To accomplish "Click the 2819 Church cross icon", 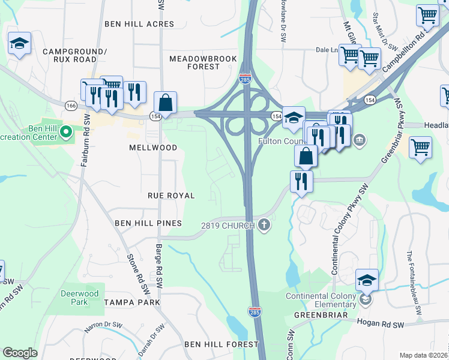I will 264,226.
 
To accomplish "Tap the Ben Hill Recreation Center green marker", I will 66,130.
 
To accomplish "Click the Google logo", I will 20,353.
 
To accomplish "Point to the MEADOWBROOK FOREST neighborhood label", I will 194,62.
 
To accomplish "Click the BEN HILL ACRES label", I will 139,24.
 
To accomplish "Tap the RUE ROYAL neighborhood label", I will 171,196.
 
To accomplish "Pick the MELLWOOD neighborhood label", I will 153,148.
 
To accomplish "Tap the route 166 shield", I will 71,105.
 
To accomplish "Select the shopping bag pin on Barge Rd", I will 166,103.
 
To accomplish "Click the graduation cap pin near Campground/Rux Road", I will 20,44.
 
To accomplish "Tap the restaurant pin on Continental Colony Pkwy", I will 301,181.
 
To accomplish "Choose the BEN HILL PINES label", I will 148,223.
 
